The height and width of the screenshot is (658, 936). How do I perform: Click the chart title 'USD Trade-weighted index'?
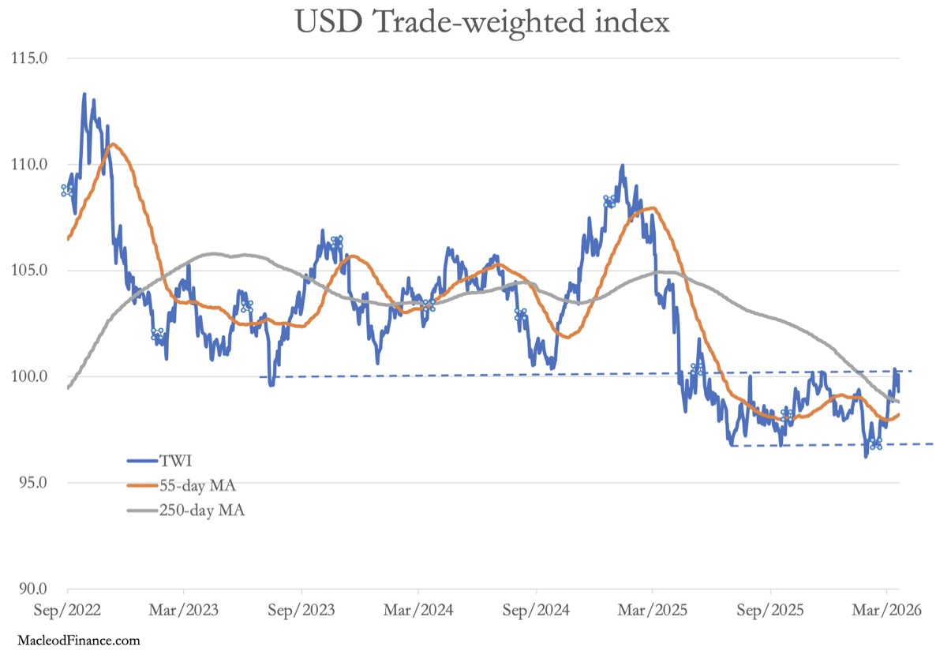(x=482, y=22)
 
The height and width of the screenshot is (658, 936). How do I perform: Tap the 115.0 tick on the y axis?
(x=29, y=58)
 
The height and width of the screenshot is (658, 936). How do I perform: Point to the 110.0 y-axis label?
(x=29, y=165)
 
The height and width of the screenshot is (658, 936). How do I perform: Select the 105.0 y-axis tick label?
(x=29, y=271)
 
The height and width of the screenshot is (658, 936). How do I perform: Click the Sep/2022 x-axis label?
(x=67, y=610)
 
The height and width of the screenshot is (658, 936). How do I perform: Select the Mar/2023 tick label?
(x=184, y=610)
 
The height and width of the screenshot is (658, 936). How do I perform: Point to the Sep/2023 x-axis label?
(x=301, y=610)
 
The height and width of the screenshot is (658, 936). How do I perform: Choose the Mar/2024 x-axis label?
(x=418, y=610)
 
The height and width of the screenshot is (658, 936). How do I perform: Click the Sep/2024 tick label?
(x=535, y=610)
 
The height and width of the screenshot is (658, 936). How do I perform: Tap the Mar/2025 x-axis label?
(x=653, y=610)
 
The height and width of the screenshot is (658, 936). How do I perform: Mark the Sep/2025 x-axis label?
(x=769, y=610)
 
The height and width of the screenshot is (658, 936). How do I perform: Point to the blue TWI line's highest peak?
(x=84, y=94)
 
